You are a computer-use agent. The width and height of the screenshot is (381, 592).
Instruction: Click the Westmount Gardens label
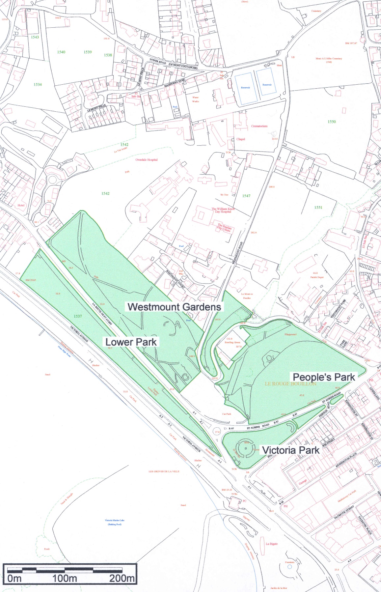[174, 307]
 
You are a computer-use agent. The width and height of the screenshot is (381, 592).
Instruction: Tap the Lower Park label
[131, 342]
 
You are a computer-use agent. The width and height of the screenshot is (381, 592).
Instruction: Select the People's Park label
[324, 377]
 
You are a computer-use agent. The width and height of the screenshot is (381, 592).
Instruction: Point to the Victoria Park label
[290, 450]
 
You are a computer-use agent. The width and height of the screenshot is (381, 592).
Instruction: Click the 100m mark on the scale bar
[65, 578]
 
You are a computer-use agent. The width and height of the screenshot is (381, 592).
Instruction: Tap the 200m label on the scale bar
[122, 578]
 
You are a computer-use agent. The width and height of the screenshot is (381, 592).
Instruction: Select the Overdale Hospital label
[147, 160]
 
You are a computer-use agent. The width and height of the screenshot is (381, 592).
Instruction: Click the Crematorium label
[259, 126]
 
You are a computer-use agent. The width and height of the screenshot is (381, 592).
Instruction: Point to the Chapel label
[241, 139]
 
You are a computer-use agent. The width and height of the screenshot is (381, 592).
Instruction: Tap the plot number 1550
[332, 122]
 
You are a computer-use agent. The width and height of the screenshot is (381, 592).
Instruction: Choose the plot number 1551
[318, 207]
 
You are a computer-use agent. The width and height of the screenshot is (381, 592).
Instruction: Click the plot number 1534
[38, 85]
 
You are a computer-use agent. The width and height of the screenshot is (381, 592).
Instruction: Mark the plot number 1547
[246, 196]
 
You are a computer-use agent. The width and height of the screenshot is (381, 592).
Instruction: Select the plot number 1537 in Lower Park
[78, 316]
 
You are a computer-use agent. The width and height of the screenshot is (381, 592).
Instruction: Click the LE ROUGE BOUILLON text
[290, 384]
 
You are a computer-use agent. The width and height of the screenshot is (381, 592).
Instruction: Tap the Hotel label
[21, 205]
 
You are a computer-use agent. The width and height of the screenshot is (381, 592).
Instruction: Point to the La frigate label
[272, 544]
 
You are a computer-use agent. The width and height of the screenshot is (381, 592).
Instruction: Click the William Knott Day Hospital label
[223, 210]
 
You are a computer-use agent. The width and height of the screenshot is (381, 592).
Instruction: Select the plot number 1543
[35, 37]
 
